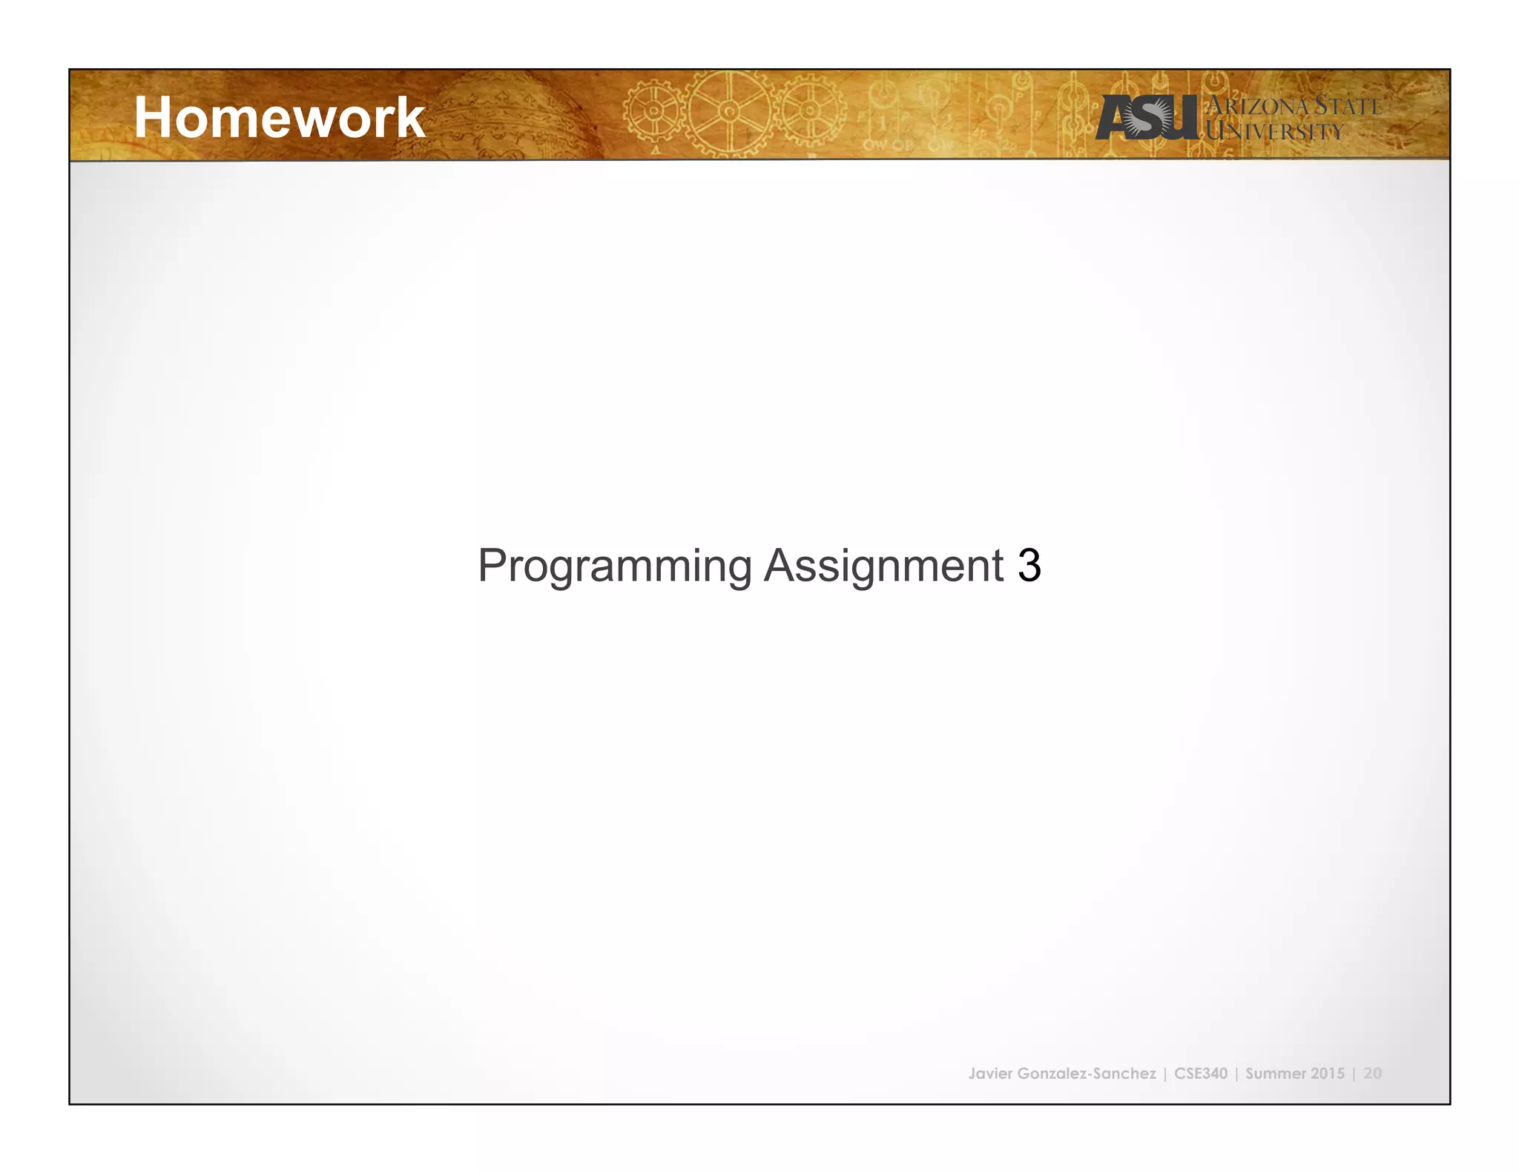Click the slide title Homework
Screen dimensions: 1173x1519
279,118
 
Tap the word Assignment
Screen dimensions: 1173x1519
883,566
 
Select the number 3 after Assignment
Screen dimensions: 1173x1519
1029,566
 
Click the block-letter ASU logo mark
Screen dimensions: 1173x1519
1147,118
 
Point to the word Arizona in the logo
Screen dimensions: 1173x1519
1258,106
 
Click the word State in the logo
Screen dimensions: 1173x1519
1347,106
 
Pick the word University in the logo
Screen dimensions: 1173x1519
1274,132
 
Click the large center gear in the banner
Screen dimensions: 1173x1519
729,113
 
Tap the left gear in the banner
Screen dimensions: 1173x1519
654,111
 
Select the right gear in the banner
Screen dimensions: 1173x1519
810,111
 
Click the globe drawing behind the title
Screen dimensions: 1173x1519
490,115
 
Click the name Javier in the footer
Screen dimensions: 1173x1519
990,1074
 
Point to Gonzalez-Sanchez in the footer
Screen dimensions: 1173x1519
1087,1074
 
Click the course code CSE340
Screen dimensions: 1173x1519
1201,1074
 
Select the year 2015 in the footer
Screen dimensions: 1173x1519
1327,1074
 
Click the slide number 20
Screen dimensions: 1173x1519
1372,1074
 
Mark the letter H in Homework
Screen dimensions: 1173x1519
154,118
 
